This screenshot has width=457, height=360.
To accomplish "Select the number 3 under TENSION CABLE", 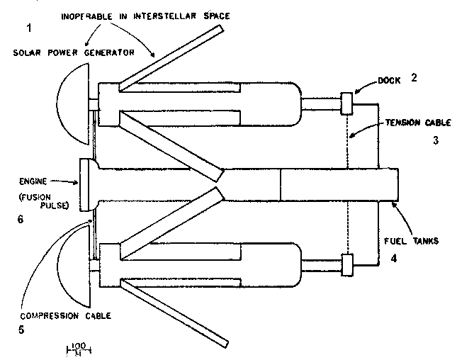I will click(436, 140).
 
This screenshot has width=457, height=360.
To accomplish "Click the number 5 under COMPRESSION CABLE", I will click(28, 329).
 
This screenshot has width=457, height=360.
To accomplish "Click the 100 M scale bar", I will click(77, 349).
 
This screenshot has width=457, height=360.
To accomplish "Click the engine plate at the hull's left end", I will click(85, 184).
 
